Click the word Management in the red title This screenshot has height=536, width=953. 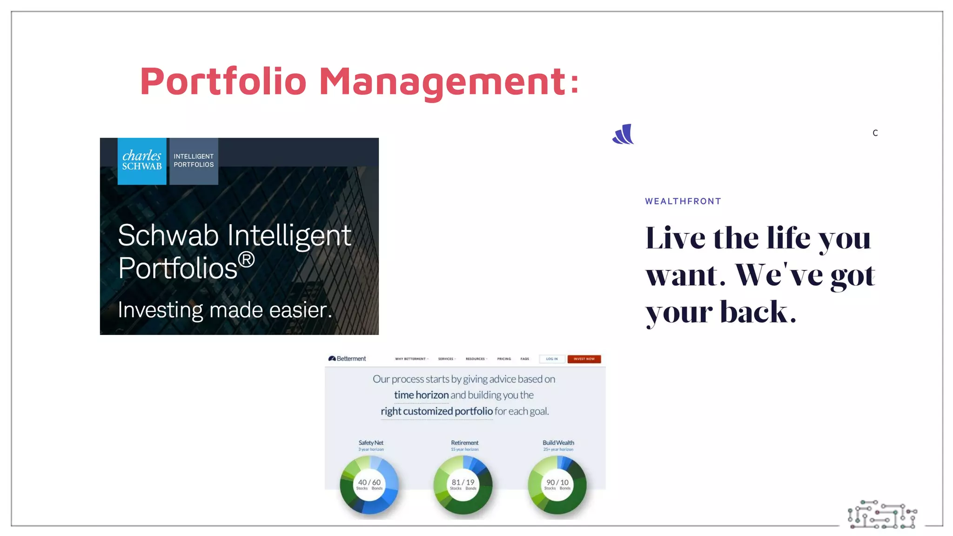(x=442, y=81)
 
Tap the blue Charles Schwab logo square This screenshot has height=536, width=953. (x=142, y=161)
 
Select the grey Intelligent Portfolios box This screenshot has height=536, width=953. (x=194, y=161)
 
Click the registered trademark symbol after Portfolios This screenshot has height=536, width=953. (x=246, y=260)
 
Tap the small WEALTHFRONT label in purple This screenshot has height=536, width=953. (x=683, y=201)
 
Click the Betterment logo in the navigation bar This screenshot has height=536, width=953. (x=347, y=359)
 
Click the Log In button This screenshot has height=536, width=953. (x=552, y=359)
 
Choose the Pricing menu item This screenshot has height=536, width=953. (x=504, y=359)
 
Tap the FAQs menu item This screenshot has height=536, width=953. (x=525, y=359)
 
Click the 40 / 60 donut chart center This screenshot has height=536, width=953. (x=369, y=484)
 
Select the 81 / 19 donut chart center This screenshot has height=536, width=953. (x=463, y=484)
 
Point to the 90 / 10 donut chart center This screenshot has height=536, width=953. (x=557, y=484)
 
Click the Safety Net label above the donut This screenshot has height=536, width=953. (x=371, y=442)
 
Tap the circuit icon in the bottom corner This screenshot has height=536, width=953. (x=882, y=515)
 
